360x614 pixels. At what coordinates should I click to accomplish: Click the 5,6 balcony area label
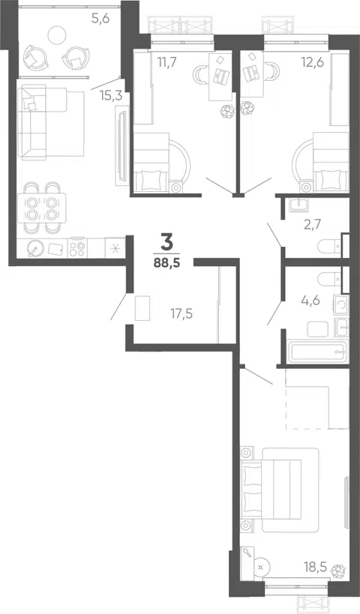(100, 19)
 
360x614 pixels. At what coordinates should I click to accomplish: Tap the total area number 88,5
(167, 262)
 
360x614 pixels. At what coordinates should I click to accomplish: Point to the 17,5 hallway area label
(181, 313)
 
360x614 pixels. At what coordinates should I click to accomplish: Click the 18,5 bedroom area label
(315, 566)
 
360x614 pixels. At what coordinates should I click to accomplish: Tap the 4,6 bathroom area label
(311, 301)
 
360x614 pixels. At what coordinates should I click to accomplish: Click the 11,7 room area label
(166, 62)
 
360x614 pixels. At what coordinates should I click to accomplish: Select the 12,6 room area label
(312, 62)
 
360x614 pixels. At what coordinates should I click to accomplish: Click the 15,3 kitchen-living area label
(111, 96)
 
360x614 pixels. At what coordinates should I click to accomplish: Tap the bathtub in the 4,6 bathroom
(317, 352)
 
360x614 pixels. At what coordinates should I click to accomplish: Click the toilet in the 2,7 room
(329, 247)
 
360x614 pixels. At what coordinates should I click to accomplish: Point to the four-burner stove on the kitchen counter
(77, 248)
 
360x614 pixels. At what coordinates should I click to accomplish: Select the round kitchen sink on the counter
(35, 248)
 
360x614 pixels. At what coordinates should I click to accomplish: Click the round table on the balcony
(56, 34)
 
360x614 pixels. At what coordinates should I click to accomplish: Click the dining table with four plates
(40, 208)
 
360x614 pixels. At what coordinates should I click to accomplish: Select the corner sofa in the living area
(51, 121)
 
